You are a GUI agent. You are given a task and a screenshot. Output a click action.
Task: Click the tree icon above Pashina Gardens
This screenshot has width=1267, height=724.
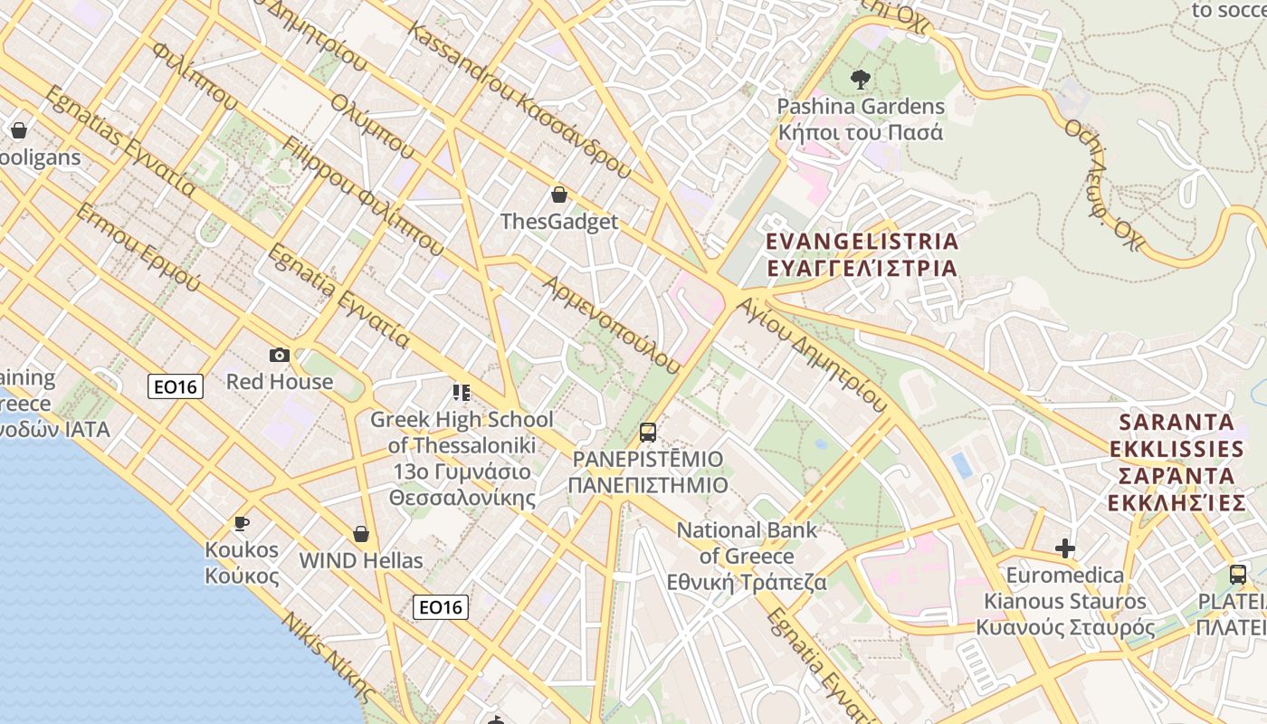click(x=860, y=80)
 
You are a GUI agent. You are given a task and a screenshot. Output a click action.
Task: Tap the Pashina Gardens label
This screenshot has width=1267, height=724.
click(x=861, y=119)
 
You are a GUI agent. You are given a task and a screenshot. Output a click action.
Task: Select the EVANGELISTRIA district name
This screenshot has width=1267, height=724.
click(x=861, y=254)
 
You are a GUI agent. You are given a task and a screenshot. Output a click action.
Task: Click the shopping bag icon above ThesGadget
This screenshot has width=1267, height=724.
click(x=559, y=195)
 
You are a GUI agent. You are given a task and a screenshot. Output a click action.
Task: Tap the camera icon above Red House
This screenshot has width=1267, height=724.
click(x=279, y=355)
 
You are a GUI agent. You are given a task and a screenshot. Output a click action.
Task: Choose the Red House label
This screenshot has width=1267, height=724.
click(x=280, y=382)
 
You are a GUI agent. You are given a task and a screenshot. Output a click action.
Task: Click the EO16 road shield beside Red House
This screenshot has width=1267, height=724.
click(x=176, y=387)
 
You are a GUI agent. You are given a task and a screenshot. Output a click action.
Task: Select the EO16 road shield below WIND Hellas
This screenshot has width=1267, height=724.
click(x=441, y=607)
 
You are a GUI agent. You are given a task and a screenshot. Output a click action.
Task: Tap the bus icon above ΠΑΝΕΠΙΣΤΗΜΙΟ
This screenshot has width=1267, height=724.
click(x=648, y=432)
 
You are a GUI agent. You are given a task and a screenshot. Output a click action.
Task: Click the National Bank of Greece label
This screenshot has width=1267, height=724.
click(x=747, y=556)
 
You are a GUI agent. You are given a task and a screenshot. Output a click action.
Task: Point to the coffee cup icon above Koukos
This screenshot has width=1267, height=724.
click(x=242, y=523)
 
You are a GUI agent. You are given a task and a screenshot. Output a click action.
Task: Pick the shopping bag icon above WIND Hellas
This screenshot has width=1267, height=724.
click(x=361, y=534)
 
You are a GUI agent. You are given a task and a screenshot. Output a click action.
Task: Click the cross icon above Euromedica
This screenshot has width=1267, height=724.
click(x=1065, y=548)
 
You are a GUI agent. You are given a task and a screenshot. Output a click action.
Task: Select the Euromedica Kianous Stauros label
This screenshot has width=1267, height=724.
click(x=1065, y=601)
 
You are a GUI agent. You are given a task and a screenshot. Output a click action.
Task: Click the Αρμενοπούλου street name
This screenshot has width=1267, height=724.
click(x=611, y=325)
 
